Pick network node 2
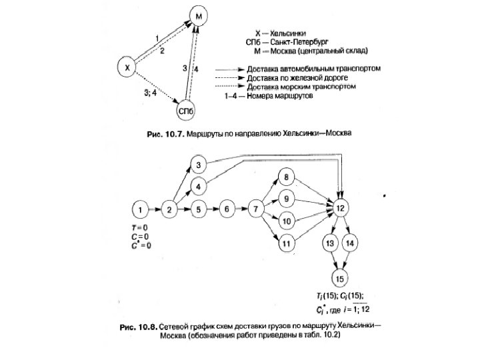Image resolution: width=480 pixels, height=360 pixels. click(x=169, y=211)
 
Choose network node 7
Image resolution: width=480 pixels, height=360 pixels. click(x=256, y=211)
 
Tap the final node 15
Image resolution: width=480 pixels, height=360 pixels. click(x=341, y=278)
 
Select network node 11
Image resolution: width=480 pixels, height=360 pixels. click(x=285, y=244)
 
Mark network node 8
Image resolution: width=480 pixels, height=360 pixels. click(x=285, y=177)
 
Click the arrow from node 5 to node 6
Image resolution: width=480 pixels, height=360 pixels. click(x=213, y=211)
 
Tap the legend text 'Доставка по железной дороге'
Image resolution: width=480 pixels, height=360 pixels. click(x=289, y=77)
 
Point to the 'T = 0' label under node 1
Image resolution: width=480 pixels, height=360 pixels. click(x=139, y=228)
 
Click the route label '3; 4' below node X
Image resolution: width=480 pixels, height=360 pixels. click(x=149, y=93)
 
